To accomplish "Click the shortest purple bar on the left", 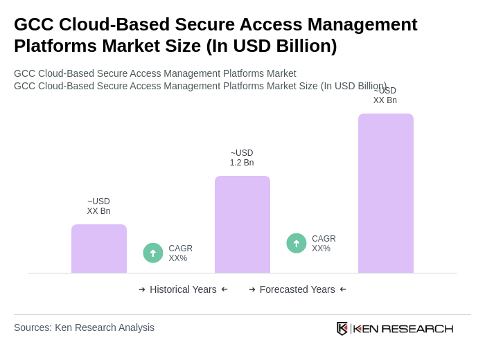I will click(99, 249).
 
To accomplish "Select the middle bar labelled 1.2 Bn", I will click(242, 224).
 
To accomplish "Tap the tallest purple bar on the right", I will click(386, 193).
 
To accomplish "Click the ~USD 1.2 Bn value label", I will click(242, 158).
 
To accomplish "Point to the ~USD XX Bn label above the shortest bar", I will click(98, 206).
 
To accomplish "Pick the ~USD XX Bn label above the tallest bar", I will click(385, 96).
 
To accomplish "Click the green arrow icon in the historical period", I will click(153, 253).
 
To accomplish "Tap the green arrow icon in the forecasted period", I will click(297, 243).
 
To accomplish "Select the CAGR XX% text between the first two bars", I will click(180, 253).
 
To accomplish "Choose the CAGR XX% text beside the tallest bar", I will click(324, 244).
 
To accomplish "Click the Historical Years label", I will click(183, 289).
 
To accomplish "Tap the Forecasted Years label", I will click(297, 289).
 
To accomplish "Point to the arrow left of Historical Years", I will click(142, 289).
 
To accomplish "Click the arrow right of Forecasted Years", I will click(343, 289).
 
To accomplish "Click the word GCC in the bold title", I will click(35, 24).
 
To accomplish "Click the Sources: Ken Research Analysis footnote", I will click(84, 327).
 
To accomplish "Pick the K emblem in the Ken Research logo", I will click(342, 328).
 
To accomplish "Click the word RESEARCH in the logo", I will click(417, 328).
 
